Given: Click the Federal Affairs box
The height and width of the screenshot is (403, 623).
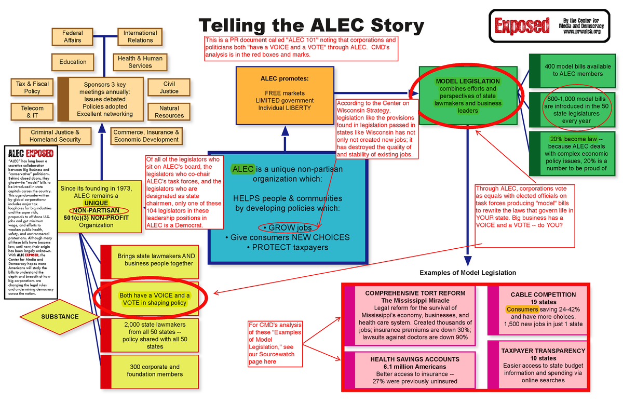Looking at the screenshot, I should pyautogui.click(x=73, y=37).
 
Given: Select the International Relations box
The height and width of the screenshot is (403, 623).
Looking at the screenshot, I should pyautogui.click(x=140, y=37).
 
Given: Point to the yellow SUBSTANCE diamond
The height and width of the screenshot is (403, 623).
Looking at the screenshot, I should pyautogui.click(x=60, y=317).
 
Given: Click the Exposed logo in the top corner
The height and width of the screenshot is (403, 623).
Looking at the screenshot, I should pyautogui.click(x=522, y=24).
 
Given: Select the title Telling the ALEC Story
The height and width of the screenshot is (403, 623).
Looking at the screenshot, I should pyautogui.click(x=311, y=25).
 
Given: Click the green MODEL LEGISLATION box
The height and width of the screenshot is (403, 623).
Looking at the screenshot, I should pyautogui.click(x=468, y=96).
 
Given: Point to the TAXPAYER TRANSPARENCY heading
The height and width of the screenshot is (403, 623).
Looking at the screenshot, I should pyautogui.click(x=543, y=351).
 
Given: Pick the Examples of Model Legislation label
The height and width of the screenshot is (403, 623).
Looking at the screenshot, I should pyautogui.click(x=467, y=273).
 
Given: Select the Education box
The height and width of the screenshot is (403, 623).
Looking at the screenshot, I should pyautogui.click(x=73, y=62).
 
